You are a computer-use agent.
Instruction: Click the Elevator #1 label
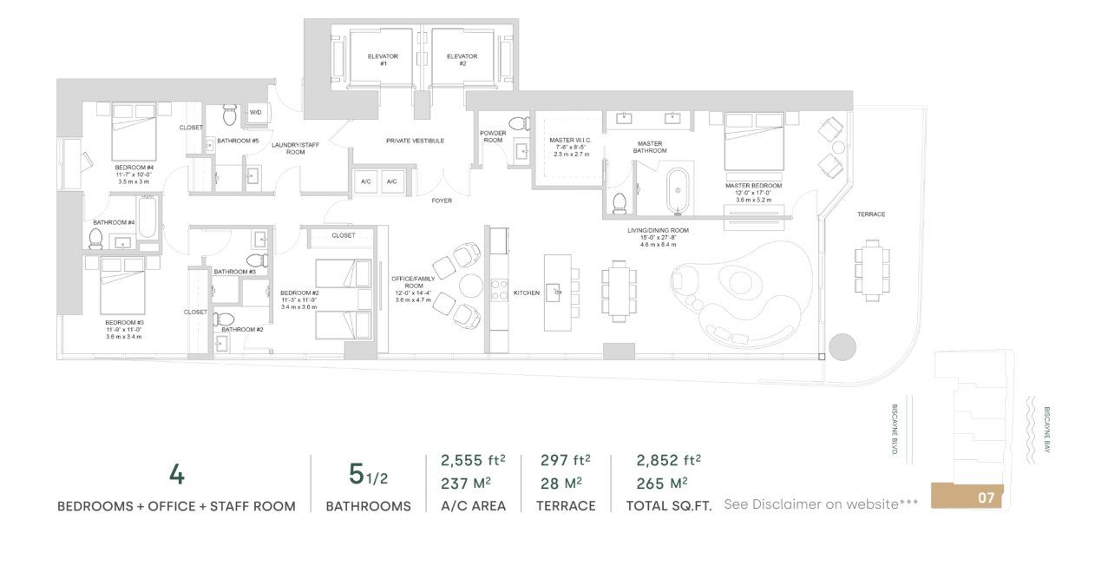[383, 60]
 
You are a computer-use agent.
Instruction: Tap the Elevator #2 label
[462, 60]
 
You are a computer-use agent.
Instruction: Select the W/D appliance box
[256, 113]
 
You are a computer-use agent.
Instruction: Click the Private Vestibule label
[415, 140]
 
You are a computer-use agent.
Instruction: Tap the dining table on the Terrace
[871, 270]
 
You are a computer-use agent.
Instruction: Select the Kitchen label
[526, 293]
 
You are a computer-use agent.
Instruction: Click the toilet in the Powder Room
[519, 123]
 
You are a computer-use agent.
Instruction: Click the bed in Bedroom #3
[122, 286]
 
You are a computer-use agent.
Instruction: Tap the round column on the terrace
[842, 347]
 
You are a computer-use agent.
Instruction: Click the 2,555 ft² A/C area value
[473, 460]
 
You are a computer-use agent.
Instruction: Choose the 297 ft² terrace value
[565, 460]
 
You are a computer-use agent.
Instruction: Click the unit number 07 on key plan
[986, 498]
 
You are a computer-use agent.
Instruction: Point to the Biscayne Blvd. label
[895, 431]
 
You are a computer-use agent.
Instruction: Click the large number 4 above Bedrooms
[176, 475]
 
